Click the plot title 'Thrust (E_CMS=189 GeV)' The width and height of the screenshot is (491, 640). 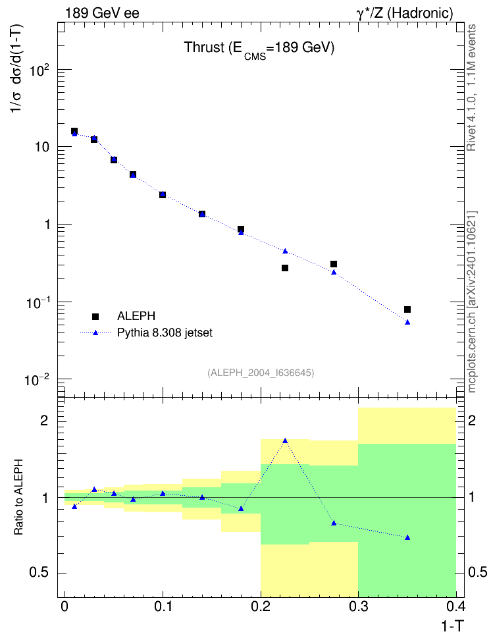(x=259, y=49)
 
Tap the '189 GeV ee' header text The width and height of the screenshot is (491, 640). (x=102, y=13)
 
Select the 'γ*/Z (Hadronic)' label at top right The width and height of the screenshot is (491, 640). (x=405, y=13)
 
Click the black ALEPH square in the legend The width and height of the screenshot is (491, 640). (x=95, y=316)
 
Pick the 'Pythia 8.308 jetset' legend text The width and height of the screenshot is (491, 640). (x=165, y=333)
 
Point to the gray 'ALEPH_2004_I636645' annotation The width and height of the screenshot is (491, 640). (x=261, y=373)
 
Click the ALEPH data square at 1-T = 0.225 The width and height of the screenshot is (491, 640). (x=285, y=268)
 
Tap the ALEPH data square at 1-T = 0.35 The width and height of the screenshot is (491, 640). (x=407, y=309)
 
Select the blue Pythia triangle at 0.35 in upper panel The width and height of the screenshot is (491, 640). (x=407, y=323)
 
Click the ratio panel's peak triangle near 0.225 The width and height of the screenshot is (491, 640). (x=285, y=440)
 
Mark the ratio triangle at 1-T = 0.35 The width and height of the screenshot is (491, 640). (x=407, y=537)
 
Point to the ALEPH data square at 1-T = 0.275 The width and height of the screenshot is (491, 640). (x=334, y=264)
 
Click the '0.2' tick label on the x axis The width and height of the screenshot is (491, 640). (x=261, y=606)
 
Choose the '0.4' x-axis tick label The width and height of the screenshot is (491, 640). (x=455, y=606)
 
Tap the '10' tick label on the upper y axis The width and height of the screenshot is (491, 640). (x=41, y=147)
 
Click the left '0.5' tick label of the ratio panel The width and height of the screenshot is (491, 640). (x=39, y=573)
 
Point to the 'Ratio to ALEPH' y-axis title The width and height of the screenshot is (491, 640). (x=18, y=497)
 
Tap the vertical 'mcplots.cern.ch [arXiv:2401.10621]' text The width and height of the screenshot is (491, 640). (x=472, y=302)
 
